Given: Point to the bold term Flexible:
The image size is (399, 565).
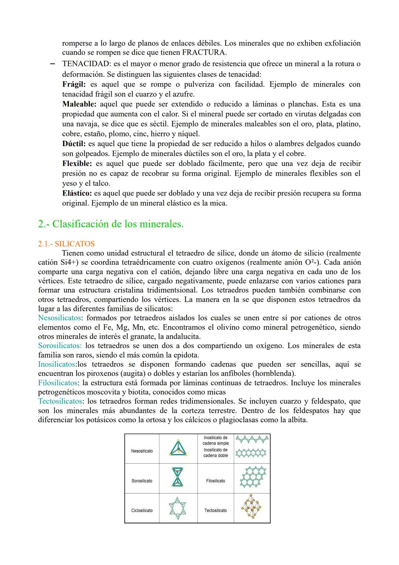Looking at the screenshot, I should click(77, 163).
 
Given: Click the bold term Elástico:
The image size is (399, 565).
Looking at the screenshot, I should click(77, 193).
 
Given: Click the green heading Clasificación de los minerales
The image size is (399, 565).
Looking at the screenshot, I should click(117, 224).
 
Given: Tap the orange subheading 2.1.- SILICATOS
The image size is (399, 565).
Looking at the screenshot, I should click(66, 244).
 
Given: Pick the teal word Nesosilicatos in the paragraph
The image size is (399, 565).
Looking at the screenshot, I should click(59, 318).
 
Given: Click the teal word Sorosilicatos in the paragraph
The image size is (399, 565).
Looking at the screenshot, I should click(60, 346).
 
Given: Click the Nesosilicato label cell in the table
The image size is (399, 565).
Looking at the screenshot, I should click(142, 451).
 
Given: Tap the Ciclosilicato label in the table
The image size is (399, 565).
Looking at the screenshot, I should click(142, 510).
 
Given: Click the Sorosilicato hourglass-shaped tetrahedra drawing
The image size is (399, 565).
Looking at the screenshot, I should click(178, 477).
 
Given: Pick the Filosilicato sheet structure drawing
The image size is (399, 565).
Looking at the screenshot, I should click(253, 477).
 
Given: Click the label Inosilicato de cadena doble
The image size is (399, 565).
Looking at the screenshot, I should click(215, 453).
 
